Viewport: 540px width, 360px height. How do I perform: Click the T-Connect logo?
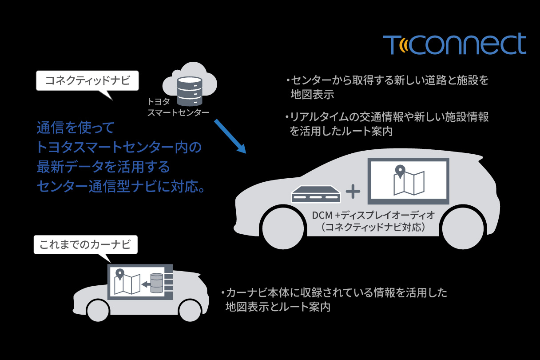[454, 44]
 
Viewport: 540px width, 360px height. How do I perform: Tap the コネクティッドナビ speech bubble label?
[87, 81]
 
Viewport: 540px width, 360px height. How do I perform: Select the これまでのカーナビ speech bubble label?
[85, 244]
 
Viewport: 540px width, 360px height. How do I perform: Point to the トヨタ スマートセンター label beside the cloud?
[178, 107]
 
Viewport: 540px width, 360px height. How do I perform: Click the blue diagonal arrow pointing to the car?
[230, 136]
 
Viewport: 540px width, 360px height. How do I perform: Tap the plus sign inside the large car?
[353, 191]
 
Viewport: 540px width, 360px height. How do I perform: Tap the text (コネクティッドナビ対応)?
[373, 228]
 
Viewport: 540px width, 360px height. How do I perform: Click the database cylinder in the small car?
[156, 283]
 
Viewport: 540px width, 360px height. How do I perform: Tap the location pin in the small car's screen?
[119, 274]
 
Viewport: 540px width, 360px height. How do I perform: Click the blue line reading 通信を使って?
[75, 129]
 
